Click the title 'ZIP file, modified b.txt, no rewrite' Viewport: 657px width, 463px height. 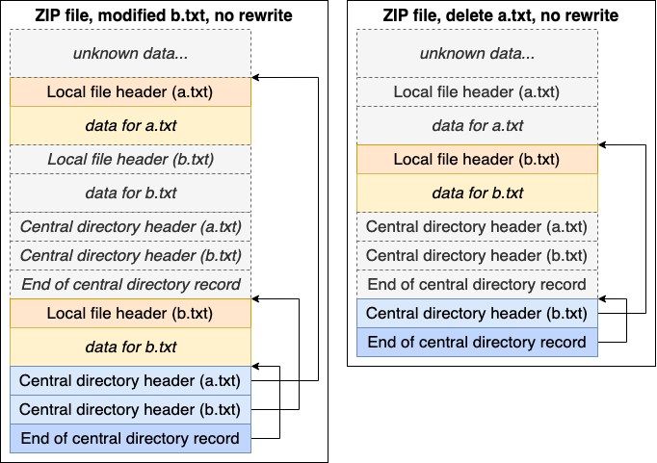130,15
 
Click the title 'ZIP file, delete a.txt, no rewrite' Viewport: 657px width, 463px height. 477,15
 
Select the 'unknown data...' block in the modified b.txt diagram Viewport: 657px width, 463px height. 130,53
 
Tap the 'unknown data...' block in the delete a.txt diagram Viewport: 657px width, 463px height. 477,53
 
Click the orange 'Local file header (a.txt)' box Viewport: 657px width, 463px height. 130,92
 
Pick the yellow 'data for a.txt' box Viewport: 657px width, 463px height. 130,125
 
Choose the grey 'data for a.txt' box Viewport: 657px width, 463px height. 477,125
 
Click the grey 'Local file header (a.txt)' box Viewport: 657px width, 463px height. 477,92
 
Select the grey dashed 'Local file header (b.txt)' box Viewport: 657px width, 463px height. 130,159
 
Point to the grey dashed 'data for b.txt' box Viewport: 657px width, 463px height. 130,193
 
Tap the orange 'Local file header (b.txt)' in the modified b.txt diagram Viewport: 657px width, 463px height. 130,313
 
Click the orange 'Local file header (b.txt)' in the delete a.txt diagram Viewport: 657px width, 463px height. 477,159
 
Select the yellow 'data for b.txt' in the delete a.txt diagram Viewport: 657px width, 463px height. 477,193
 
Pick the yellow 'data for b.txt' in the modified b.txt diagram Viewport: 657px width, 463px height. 130,347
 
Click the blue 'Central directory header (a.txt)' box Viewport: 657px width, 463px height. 130,380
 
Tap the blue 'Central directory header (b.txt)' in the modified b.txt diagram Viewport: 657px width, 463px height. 130,409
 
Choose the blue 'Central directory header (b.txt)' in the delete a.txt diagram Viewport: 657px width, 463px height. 477,313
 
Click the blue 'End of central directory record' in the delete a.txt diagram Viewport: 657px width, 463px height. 477,342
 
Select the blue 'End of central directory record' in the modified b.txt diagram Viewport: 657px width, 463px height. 130,439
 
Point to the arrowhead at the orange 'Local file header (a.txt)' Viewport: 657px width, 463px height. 256,77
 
